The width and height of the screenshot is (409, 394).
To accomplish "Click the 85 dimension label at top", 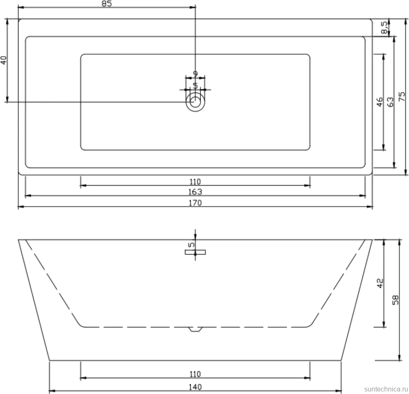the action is (107, 4).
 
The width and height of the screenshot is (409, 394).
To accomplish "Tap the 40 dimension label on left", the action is (4, 60).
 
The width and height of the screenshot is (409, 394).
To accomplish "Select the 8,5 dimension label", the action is (384, 27).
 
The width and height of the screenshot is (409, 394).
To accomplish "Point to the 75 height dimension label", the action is (402, 96).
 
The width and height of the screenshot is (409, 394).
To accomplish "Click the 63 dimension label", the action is (390, 102).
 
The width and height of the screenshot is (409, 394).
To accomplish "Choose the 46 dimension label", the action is (380, 102).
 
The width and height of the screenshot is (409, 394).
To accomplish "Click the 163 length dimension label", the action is (195, 192).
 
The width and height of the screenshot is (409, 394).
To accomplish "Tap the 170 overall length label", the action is (195, 203).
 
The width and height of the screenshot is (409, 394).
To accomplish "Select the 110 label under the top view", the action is (195, 182).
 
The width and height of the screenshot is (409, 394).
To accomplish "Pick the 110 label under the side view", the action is (195, 374).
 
